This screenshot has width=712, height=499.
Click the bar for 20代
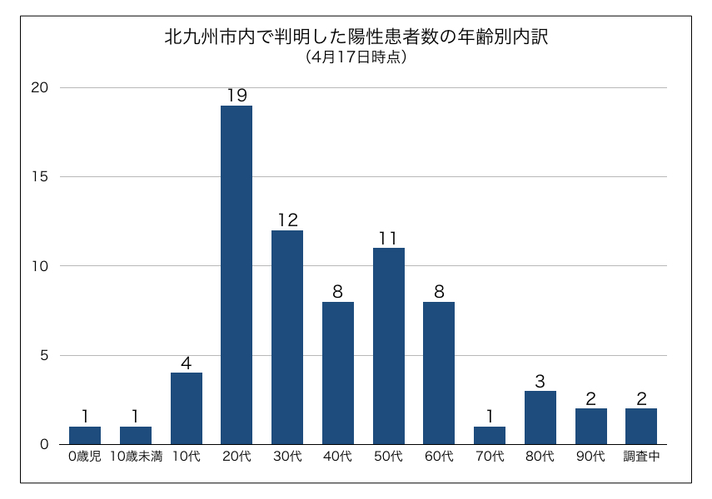[x=237, y=274]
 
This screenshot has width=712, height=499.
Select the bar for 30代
[x=287, y=337]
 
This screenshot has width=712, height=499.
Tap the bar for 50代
[x=389, y=346]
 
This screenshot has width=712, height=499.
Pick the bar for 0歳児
[x=85, y=435]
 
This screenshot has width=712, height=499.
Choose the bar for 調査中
[x=641, y=426]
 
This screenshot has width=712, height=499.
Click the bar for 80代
[x=540, y=417]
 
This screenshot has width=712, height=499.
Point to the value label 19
[x=237, y=96]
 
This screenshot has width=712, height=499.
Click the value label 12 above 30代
[x=287, y=220]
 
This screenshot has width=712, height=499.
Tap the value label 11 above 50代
[x=389, y=239]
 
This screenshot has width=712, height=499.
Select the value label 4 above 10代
[x=187, y=363]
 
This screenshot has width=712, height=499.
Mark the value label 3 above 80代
[x=540, y=382]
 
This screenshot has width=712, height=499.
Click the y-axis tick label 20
[x=41, y=88]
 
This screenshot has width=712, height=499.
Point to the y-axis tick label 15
[x=41, y=177]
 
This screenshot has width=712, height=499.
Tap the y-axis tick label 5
[x=45, y=355]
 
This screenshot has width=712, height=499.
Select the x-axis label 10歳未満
[x=136, y=457]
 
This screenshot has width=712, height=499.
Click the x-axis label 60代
[x=439, y=457]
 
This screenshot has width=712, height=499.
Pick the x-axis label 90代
[x=590, y=457]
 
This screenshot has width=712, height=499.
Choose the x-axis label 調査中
[x=641, y=457]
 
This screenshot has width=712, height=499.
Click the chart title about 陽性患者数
[x=356, y=37]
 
